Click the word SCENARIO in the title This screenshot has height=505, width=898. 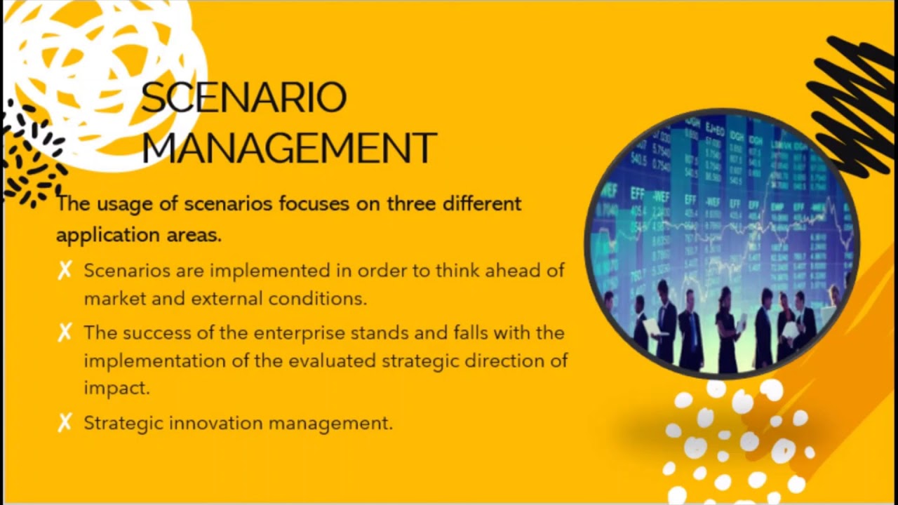click(243, 98)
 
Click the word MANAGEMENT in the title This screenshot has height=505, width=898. click(289, 147)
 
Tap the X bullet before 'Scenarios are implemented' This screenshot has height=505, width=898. click(65, 271)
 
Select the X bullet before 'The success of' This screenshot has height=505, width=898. click(65, 332)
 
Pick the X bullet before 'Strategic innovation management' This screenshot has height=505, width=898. click(65, 423)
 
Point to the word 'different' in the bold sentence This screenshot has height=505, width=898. click(482, 204)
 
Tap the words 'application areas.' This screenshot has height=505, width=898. click(139, 236)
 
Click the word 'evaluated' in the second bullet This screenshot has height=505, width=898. click(333, 361)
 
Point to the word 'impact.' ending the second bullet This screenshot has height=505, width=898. click(116, 389)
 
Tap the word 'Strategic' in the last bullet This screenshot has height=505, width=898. click(123, 424)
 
